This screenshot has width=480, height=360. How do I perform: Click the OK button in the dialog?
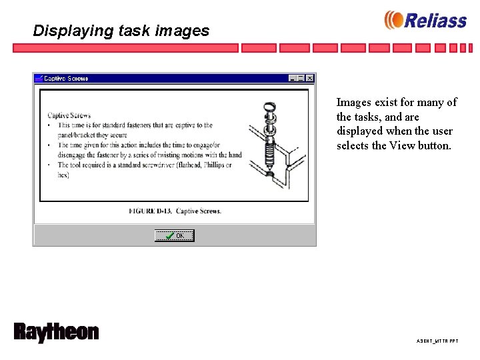coord(175,235)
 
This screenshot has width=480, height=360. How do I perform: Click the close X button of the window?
coord(310,78)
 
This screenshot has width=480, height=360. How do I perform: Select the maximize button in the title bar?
coord(301,78)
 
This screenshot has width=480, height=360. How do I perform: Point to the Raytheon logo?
coord(56,332)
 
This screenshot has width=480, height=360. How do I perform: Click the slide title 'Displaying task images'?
coord(121,31)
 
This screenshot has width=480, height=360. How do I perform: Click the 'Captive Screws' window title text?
coord(66,78)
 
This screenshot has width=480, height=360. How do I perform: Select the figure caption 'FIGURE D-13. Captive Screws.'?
coord(175,211)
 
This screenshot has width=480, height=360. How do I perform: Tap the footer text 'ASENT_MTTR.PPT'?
coord(437,341)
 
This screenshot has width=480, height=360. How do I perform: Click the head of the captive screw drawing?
coord(270,107)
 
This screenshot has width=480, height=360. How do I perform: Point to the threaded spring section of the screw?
coord(270,153)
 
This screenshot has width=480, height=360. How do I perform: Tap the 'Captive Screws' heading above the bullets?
coord(69,115)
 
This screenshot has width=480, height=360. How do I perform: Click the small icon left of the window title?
coord(39,78)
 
